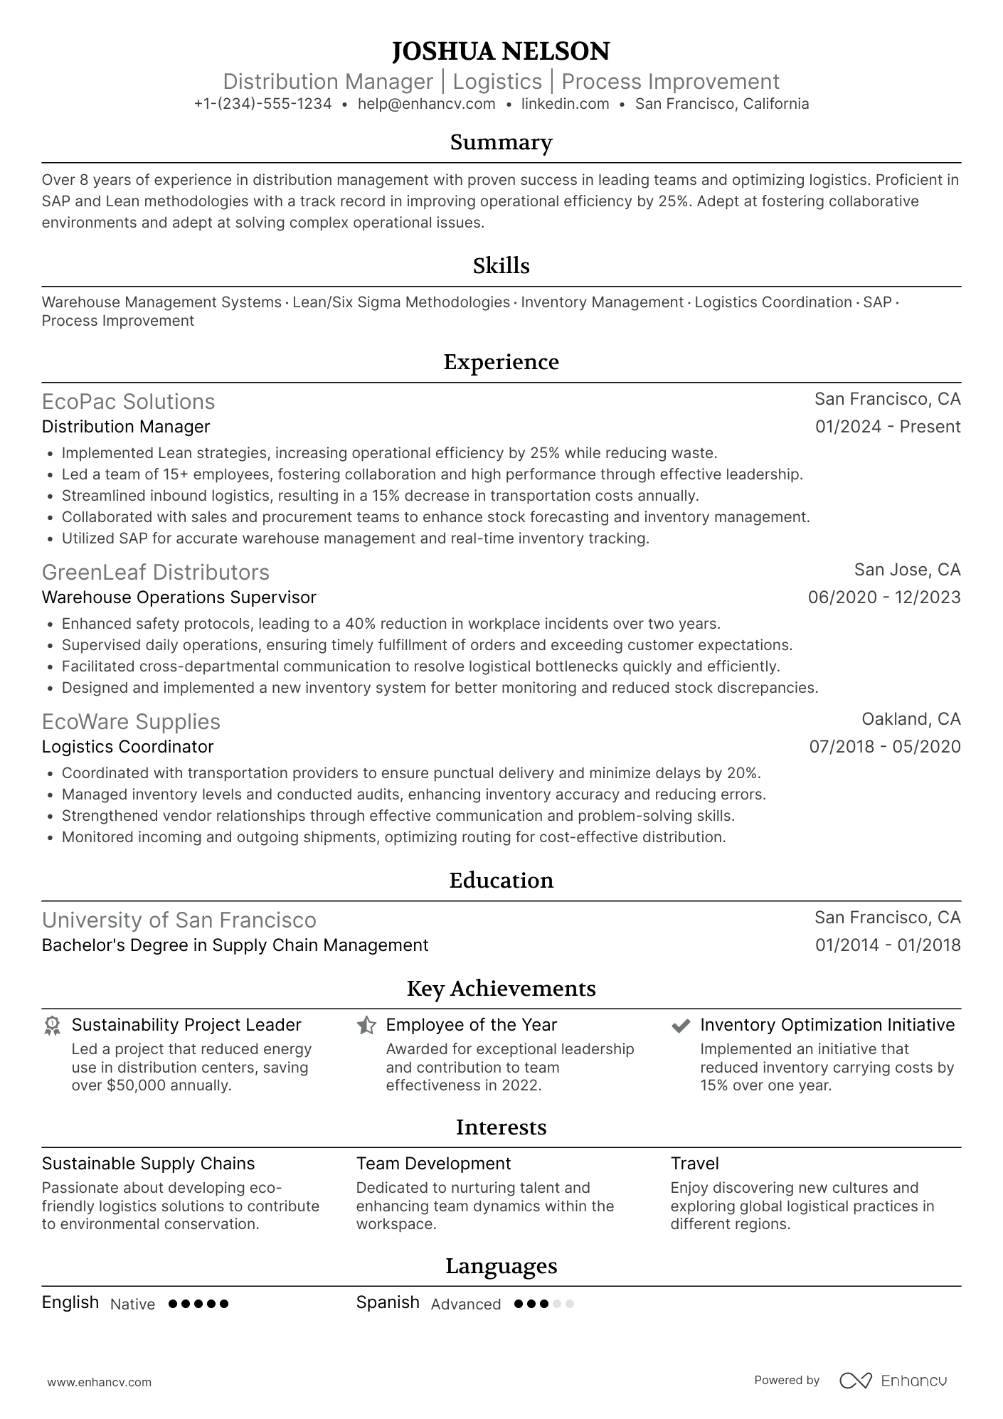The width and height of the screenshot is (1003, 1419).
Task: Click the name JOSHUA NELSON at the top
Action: click(501, 51)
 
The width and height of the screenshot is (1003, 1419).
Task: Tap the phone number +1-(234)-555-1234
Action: click(262, 104)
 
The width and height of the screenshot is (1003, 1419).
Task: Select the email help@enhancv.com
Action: click(426, 104)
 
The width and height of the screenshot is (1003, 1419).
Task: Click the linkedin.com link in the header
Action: click(565, 104)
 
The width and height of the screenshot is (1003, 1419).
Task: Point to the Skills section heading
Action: click(501, 266)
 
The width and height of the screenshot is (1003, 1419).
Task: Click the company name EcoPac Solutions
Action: click(128, 402)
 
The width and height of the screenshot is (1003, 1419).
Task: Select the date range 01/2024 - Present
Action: click(887, 427)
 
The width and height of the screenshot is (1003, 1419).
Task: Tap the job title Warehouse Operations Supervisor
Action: click(179, 597)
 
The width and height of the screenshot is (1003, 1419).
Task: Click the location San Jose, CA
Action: click(907, 570)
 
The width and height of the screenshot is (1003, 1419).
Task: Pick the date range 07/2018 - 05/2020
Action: click(884, 747)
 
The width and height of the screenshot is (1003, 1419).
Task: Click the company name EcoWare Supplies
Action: click(131, 722)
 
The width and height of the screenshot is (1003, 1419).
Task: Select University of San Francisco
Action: click(179, 920)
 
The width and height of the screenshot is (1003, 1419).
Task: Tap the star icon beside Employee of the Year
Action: click(366, 1025)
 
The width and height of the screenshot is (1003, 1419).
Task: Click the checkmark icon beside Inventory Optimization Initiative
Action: click(681, 1026)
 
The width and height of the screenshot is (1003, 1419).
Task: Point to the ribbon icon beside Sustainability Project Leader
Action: click(52, 1025)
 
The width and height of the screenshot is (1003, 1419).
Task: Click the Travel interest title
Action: click(694, 1164)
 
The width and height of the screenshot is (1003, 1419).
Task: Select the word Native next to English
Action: click(132, 1304)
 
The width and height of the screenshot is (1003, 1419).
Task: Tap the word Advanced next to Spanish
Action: click(465, 1304)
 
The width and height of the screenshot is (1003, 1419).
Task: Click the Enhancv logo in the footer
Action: click(893, 1381)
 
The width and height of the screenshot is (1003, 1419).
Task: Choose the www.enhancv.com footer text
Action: click(99, 1383)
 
